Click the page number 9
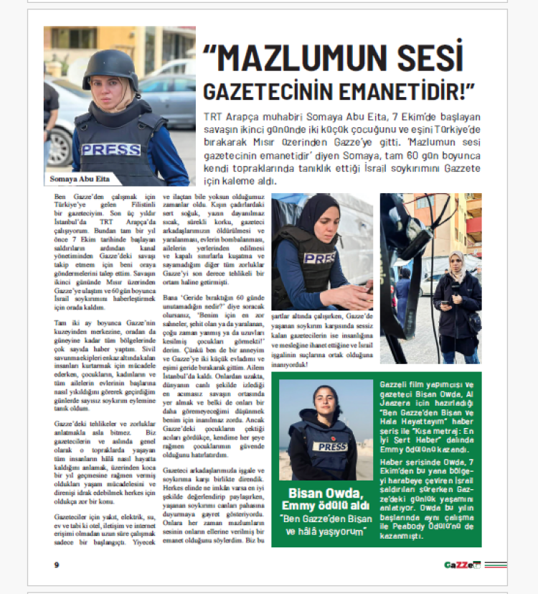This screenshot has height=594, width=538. pos(56,564)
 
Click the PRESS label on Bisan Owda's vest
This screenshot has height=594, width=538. pos(332,446)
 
